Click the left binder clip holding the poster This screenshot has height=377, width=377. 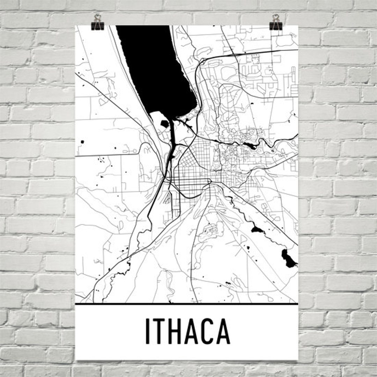(97, 24)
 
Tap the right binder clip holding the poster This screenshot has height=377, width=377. (276, 24)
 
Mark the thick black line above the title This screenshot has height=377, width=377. (187, 304)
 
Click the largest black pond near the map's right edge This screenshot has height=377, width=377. (289, 259)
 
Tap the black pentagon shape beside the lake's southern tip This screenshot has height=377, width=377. (165, 124)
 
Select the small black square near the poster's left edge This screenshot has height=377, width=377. (82, 142)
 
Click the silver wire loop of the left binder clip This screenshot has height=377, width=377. (97, 18)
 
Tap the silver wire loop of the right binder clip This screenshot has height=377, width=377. (276, 18)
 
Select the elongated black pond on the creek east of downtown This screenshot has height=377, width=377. (250, 145)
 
